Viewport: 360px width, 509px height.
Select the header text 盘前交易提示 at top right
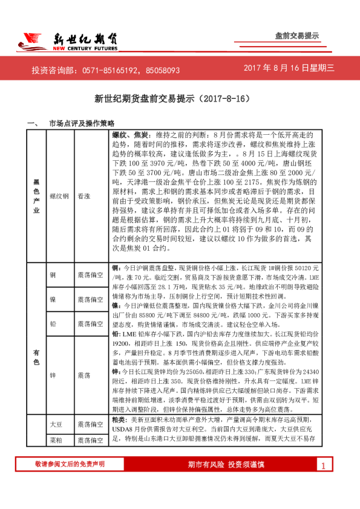pyautogui.click(x=296, y=36)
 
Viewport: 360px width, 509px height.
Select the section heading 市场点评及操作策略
pyautogui.click(x=81, y=123)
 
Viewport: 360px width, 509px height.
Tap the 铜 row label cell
pyautogui.click(x=53, y=275)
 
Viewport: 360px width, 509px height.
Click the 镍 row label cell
pyautogui.click(x=53, y=300)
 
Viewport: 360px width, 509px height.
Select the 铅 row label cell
pyautogui.click(x=53, y=325)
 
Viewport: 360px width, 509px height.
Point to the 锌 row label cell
pyautogui.click(x=53, y=375)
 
